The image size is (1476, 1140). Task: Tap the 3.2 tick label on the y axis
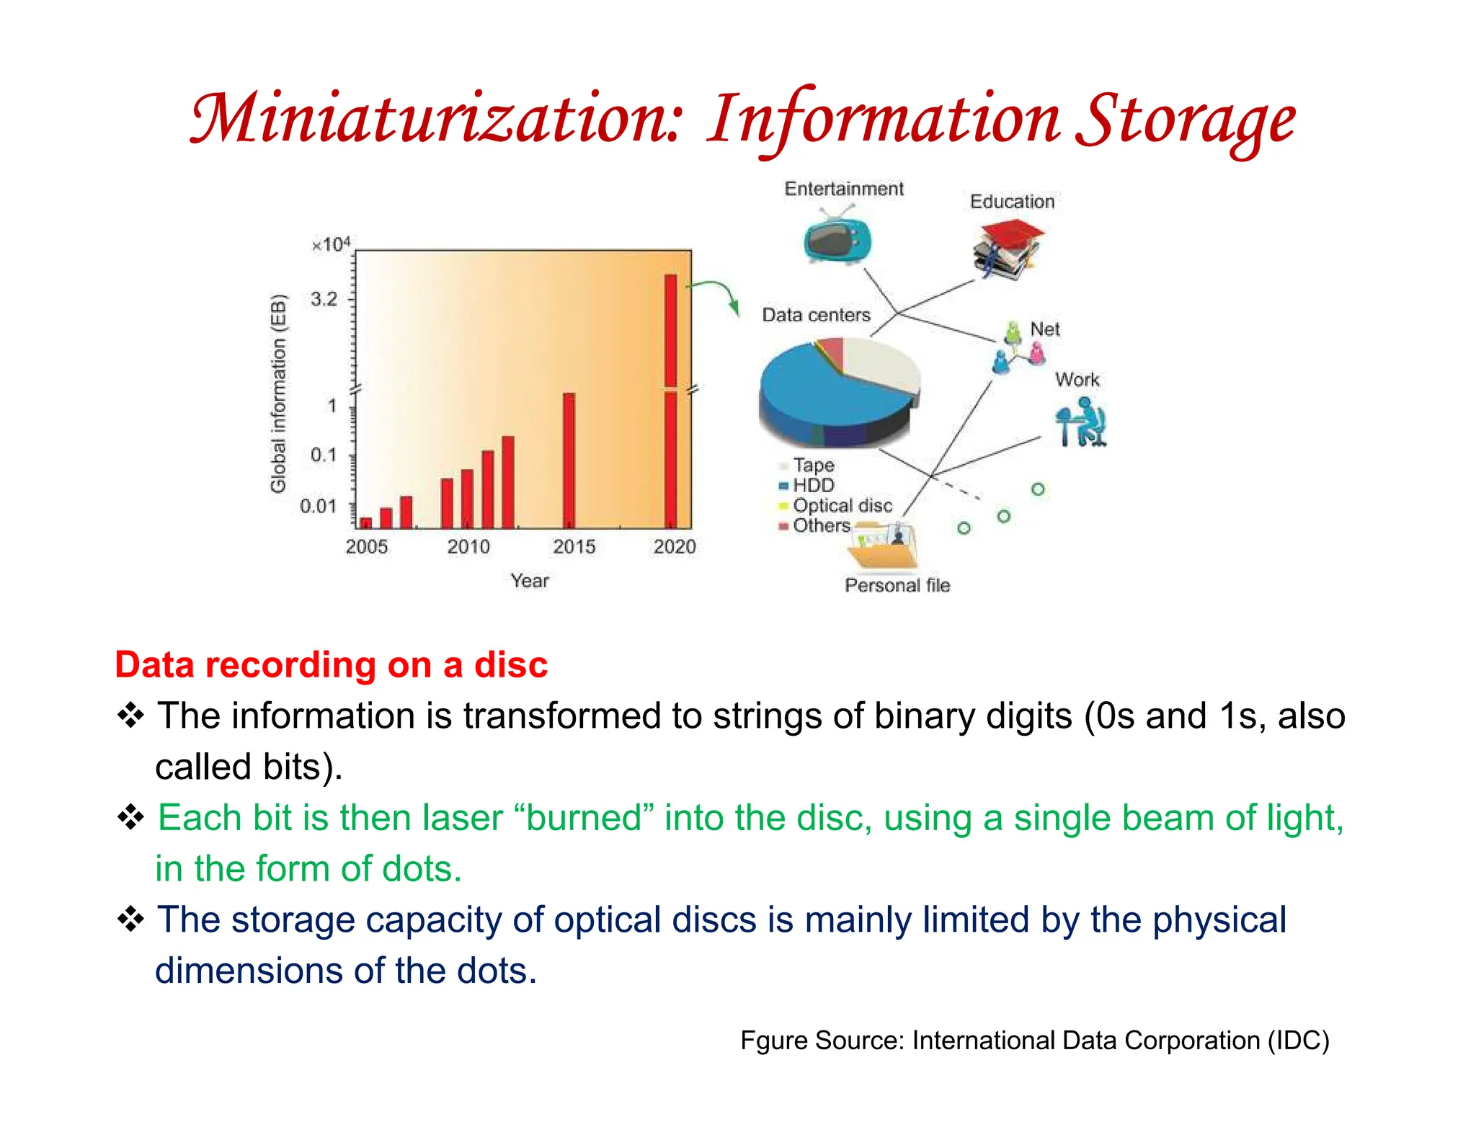[324, 299]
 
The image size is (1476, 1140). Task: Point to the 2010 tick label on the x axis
[468, 547]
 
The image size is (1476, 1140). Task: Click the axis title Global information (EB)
[278, 393]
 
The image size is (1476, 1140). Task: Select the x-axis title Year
[530, 581]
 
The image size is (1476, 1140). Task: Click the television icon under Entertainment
[837, 238]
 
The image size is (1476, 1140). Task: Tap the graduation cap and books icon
[1008, 249]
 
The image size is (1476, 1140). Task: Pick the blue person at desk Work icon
[1080, 423]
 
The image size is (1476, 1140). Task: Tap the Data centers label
[816, 315]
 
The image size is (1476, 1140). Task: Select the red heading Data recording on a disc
[332, 664]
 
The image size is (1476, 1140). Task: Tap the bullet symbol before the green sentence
[131, 818]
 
